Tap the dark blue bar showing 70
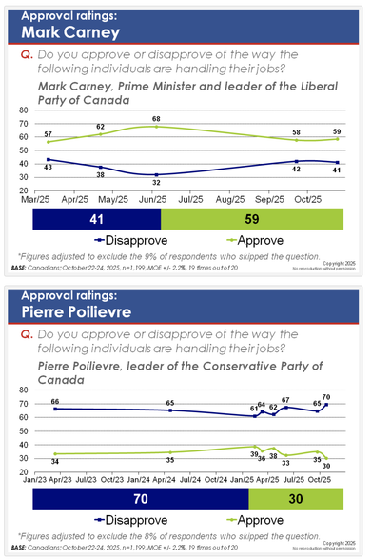pos(142,498)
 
